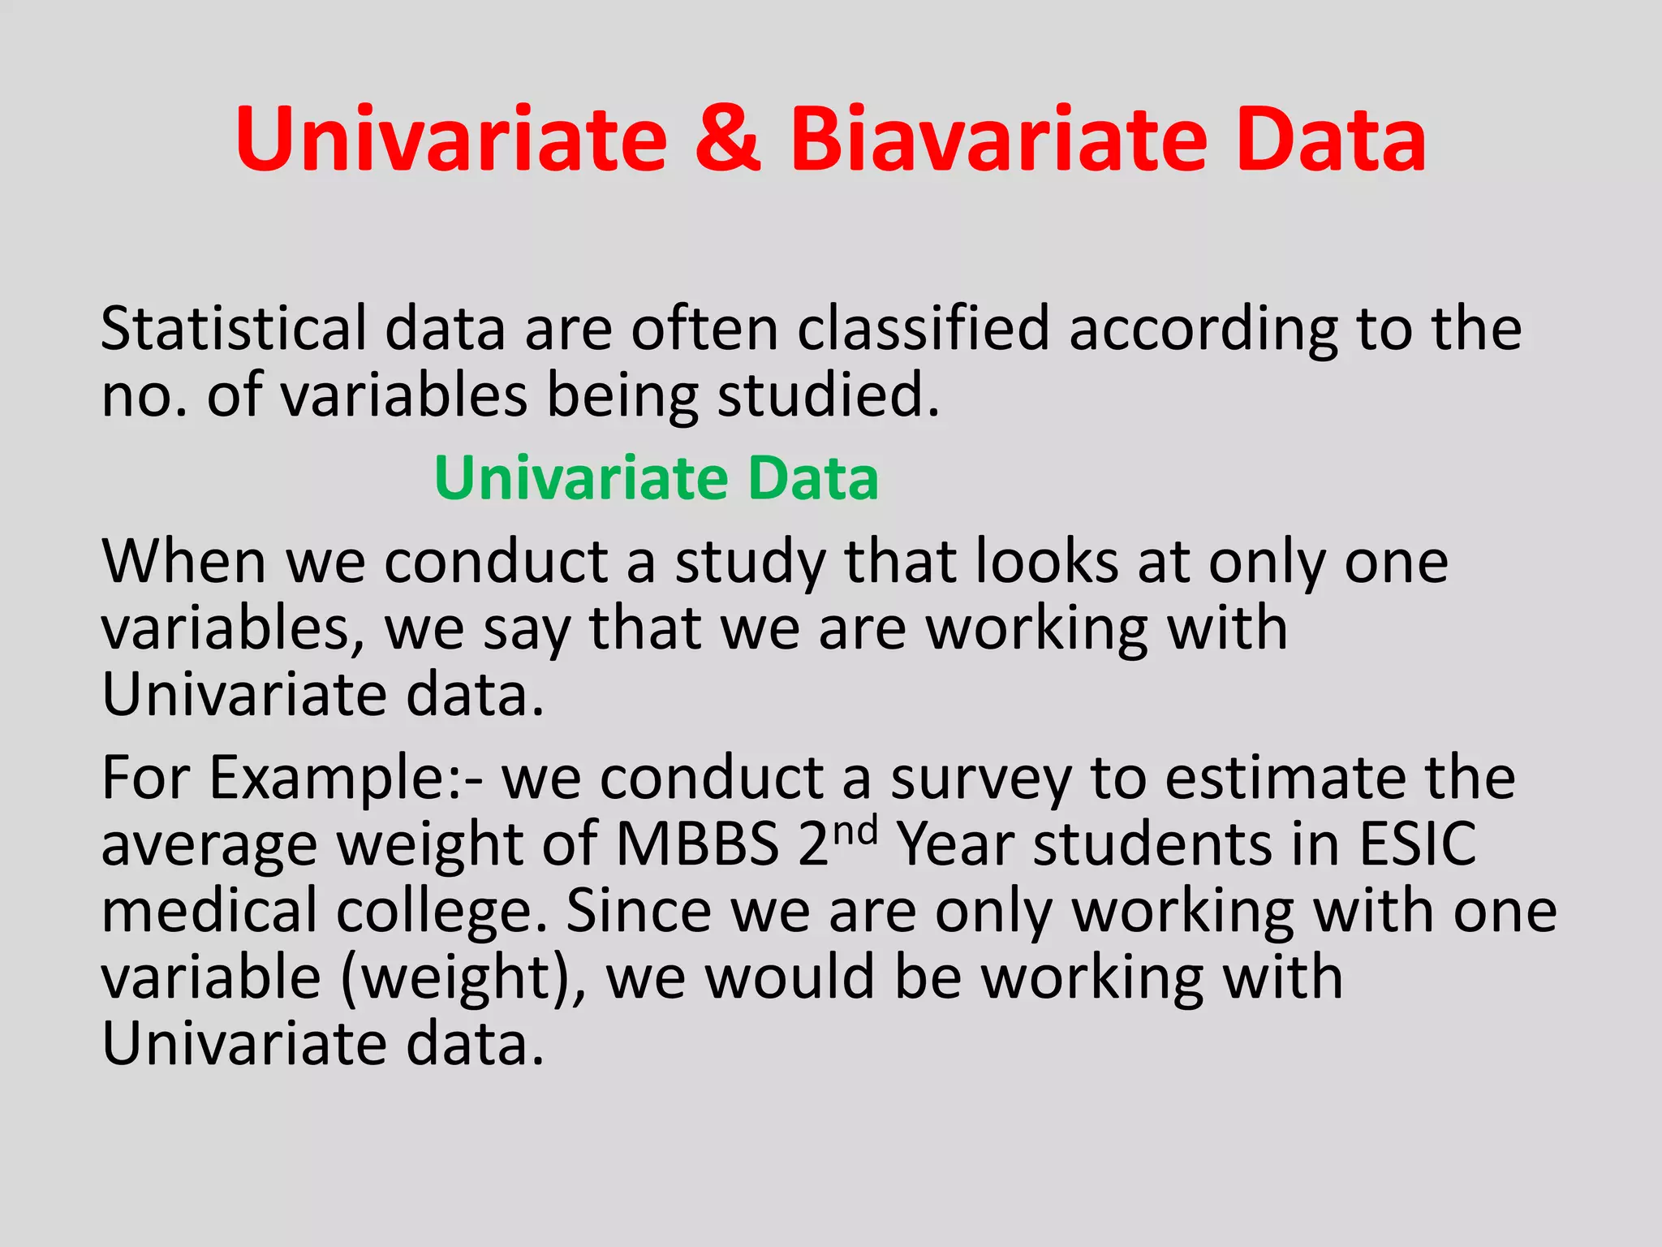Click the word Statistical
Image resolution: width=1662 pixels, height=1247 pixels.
tap(235, 329)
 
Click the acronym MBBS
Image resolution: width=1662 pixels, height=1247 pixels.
tap(698, 844)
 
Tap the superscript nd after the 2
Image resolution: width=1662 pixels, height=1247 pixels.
tap(855, 831)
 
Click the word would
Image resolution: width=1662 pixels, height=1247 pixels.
tap(789, 977)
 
